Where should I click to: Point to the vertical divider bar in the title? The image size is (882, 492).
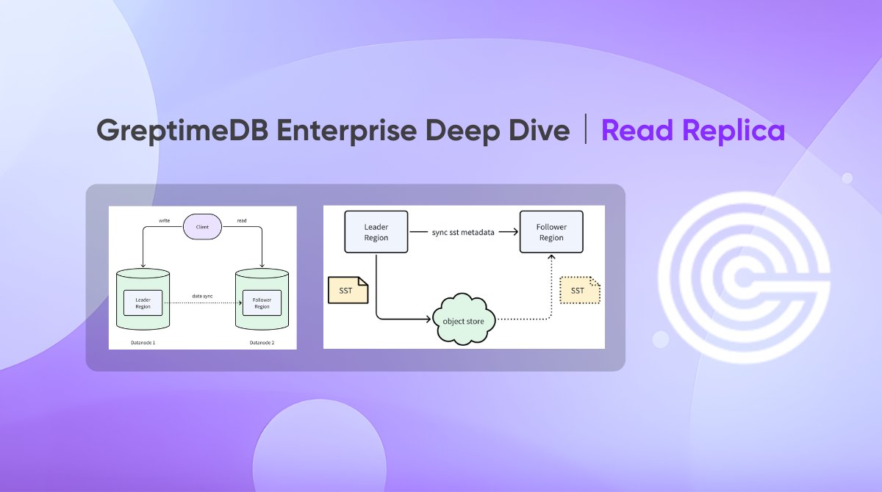click(x=586, y=131)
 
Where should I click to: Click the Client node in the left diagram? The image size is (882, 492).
click(x=202, y=228)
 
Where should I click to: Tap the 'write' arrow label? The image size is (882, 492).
click(x=165, y=220)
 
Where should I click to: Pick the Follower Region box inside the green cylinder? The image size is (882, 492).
click(x=262, y=303)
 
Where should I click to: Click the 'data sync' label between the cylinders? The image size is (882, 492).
click(x=202, y=296)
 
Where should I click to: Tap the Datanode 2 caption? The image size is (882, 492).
click(x=262, y=342)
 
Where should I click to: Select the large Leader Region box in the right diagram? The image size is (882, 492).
click(x=376, y=232)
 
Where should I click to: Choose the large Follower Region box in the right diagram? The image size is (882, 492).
click(x=551, y=232)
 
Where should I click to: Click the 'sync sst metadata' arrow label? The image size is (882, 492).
click(x=463, y=232)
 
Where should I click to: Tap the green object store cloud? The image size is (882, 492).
click(x=464, y=320)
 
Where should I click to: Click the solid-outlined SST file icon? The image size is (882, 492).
click(x=347, y=291)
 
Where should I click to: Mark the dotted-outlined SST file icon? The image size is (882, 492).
click(x=579, y=291)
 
